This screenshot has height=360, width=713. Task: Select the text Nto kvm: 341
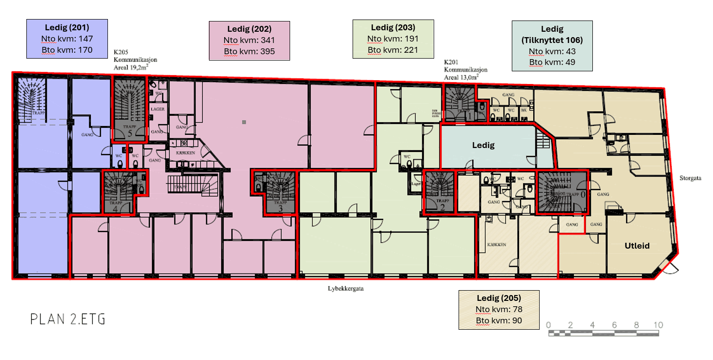pyautogui.click(x=249, y=40)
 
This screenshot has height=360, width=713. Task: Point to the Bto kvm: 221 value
pyautogui.click(x=393, y=50)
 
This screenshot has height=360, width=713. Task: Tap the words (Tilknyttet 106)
pyautogui.click(x=552, y=40)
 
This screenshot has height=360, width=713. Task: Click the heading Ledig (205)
pyautogui.click(x=499, y=298)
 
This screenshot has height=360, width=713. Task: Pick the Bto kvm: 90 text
pyautogui.click(x=499, y=320)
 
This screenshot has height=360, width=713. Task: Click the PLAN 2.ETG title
pyautogui.click(x=68, y=319)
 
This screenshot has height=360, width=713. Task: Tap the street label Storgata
pyautogui.click(x=691, y=178)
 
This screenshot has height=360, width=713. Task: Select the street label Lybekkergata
pyautogui.click(x=346, y=288)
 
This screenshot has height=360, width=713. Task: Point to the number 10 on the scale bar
pyautogui.click(x=658, y=325)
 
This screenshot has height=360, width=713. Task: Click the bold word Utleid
pyautogui.click(x=637, y=246)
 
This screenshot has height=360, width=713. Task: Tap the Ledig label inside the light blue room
pyautogui.click(x=483, y=146)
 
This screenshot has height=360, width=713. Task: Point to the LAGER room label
pyautogui.click(x=157, y=109)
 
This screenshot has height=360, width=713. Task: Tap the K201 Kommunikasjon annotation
pyautogui.click(x=465, y=70)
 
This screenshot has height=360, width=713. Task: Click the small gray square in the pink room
pyautogui.click(x=244, y=122)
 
